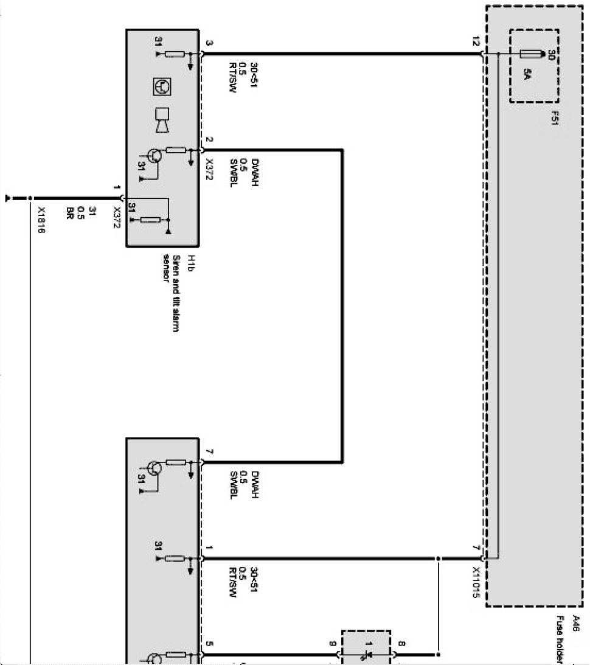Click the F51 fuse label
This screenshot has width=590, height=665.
(x=555, y=117)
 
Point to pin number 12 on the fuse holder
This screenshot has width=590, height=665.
(x=476, y=43)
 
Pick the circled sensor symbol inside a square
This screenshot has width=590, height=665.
(x=162, y=87)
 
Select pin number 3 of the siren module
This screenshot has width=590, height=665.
(x=209, y=43)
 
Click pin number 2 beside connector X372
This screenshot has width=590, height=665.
(x=209, y=140)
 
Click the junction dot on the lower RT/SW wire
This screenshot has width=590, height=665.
(x=437, y=558)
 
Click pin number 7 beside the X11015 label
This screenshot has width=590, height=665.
(x=476, y=548)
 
